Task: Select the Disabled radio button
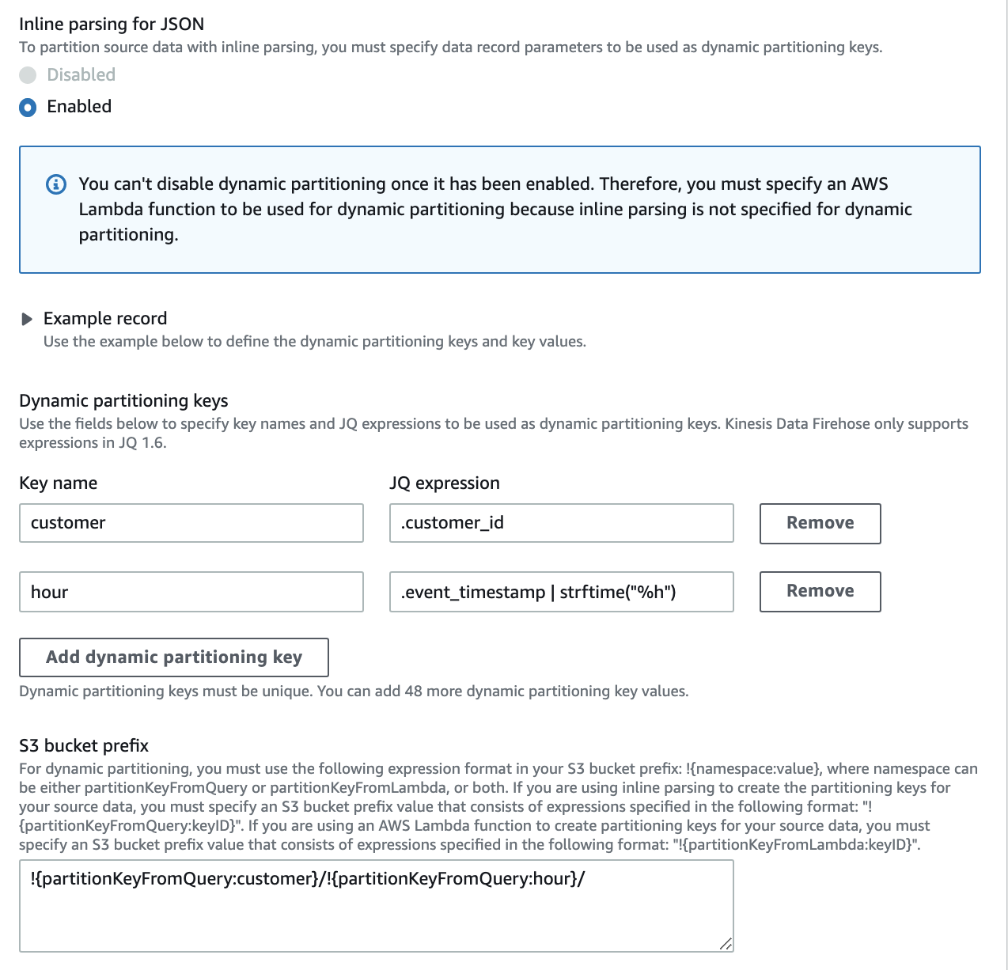pos(28,75)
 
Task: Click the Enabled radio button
pos(28,107)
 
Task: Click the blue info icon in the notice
pos(56,184)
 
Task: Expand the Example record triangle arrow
pos(27,319)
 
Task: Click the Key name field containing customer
pos(191,523)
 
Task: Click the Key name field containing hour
pos(191,592)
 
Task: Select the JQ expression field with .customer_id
pos(561,523)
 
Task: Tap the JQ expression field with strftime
pos(561,592)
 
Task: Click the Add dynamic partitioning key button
pos(173,657)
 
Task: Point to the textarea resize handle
pos(726,943)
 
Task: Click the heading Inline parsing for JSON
pos(112,25)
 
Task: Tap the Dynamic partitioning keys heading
pos(123,401)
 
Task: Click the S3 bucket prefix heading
pos(84,745)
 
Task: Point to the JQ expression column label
pos(444,483)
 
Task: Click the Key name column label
pos(58,483)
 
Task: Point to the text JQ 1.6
pos(142,443)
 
